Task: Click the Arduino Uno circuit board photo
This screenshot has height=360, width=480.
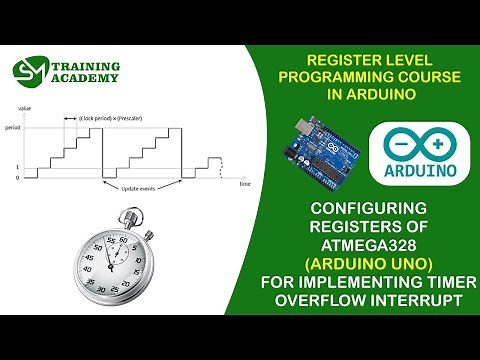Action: pos(326,154)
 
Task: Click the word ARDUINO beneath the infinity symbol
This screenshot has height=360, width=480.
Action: pos(417,169)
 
